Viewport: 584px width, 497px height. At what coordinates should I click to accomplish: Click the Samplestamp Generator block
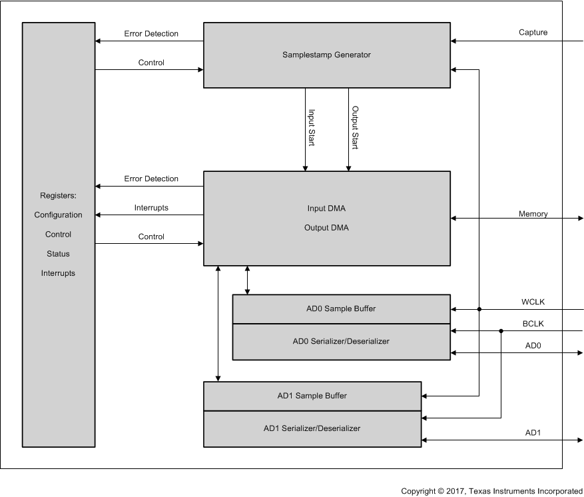(326, 55)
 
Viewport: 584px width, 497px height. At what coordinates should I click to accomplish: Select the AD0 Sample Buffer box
(341, 309)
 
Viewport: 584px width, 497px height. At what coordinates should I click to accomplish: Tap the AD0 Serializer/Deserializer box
(341, 342)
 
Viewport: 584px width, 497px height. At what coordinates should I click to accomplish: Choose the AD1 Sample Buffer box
(312, 396)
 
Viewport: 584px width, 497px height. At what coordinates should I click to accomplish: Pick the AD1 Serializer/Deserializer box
(312, 428)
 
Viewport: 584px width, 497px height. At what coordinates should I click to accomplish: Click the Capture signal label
(533, 32)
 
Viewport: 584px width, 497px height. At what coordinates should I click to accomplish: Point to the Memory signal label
(533, 214)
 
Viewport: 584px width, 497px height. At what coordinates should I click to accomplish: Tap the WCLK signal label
(533, 301)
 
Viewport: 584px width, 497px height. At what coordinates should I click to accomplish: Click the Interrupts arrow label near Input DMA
(151, 208)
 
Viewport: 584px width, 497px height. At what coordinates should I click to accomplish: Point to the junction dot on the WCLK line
(479, 309)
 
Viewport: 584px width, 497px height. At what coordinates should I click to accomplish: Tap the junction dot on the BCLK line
(501, 330)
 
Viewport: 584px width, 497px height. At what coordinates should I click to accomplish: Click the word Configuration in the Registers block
(59, 215)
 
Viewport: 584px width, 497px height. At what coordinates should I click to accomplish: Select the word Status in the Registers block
(59, 254)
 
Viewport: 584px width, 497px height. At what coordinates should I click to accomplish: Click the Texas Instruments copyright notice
(491, 491)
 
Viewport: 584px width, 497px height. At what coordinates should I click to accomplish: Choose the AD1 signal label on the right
(533, 433)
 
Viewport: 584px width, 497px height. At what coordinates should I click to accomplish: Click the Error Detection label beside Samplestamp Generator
(151, 34)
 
